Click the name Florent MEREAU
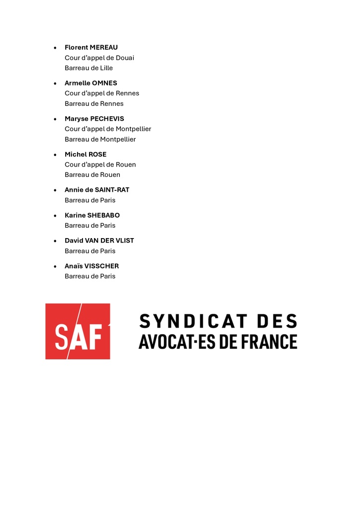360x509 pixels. coord(91,48)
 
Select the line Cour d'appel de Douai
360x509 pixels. coord(99,58)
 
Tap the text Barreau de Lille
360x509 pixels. coord(89,68)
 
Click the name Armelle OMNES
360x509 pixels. coord(90,83)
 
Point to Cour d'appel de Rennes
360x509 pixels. coord(101,93)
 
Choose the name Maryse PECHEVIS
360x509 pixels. coord(94,119)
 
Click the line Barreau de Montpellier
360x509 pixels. coord(100,140)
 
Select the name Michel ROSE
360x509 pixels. coord(85,155)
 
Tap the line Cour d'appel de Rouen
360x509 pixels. coord(100,165)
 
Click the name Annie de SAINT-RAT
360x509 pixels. coord(96,190)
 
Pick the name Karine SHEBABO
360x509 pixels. coord(92,216)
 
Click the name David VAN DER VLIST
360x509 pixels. coord(99,241)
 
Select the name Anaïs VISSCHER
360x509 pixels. coord(91,266)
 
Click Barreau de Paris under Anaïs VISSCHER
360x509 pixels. coord(90,276)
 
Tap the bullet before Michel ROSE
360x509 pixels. coord(55,155)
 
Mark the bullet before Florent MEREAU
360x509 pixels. coord(55,48)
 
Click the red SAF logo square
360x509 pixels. coord(78,332)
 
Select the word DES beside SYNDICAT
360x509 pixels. coord(276,322)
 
